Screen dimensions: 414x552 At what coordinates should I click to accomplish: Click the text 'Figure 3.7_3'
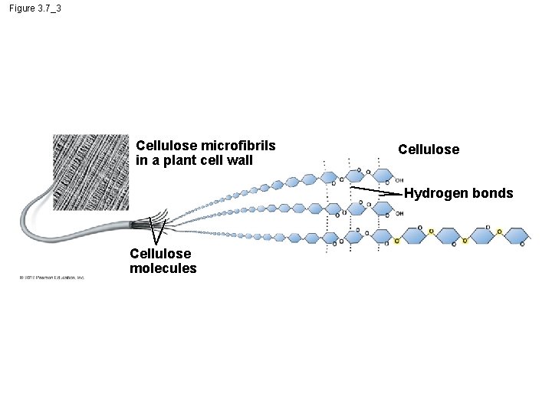pos(36,8)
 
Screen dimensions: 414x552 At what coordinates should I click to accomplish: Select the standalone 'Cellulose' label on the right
pos(429,149)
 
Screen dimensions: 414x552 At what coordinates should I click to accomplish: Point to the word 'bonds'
pos(493,193)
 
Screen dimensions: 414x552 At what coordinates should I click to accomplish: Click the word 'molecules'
pos(163,268)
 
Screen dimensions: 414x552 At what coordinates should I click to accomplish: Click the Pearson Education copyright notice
pos(52,278)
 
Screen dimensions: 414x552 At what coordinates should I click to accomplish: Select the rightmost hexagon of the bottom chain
pos(517,235)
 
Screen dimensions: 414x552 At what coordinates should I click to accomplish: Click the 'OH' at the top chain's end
pos(399,181)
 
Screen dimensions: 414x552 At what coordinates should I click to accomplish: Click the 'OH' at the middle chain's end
pos(399,214)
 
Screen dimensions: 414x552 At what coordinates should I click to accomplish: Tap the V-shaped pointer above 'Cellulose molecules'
pos(157,234)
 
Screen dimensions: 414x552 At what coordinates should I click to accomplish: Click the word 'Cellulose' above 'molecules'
pos(160,254)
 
